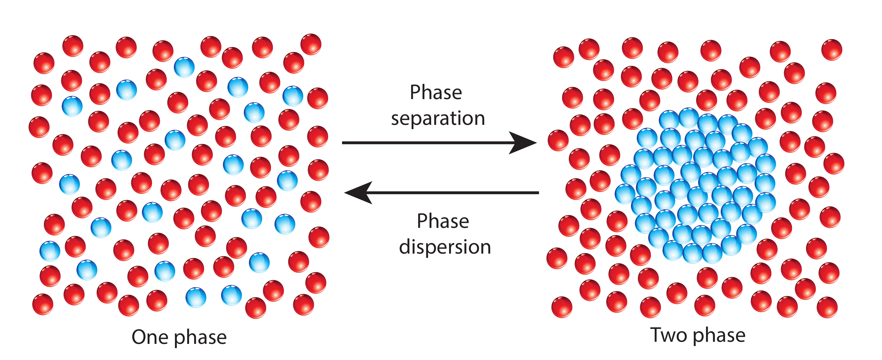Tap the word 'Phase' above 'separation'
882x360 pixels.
(436, 92)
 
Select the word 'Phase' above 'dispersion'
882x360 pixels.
(443, 221)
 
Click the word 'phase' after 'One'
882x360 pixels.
(200, 338)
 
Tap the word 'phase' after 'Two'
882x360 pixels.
(719, 335)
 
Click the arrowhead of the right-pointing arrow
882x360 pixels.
(524, 143)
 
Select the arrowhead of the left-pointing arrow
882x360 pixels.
(358, 193)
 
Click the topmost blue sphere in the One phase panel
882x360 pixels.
(184, 67)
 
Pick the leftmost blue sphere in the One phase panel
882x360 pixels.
(50, 251)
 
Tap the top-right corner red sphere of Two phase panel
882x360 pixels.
(832, 50)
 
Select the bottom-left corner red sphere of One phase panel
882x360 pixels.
(43, 304)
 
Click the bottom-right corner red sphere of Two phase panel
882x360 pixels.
(827, 307)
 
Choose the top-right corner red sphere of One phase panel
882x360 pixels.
(311, 44)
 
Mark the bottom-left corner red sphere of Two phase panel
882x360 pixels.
(562, 307)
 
